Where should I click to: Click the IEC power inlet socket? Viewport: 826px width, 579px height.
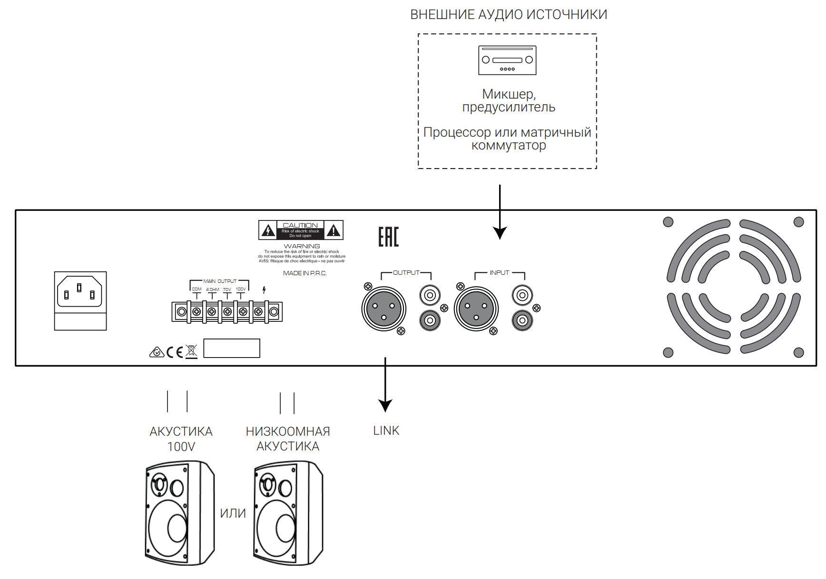tap(80, 292)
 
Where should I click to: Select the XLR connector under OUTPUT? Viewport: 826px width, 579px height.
tap(383, 309)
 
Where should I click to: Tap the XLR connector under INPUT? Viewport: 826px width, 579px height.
tap(476, 309)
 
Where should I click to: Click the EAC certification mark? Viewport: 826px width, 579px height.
tap(388, 237)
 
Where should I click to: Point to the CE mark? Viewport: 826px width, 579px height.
tap(175, 352)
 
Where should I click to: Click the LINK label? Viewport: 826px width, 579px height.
tap(386, 430)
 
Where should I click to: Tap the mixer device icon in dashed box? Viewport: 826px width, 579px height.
tap(507, 60)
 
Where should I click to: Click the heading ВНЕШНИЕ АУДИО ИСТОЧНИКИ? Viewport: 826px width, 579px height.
tap(508, 15)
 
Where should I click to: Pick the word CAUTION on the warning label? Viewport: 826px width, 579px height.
tap(300, 225)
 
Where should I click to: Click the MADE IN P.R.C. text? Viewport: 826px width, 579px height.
tap(305, 273)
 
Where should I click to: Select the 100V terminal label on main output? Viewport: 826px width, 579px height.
tap(241, 289)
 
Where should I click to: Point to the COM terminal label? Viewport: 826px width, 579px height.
tap(197, 289)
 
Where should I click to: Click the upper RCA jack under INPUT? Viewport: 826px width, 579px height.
tap(522, 295)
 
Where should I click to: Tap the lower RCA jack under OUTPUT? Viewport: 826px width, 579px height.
tap(430, 320)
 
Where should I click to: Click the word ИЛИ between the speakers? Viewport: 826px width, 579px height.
tap(233, 513)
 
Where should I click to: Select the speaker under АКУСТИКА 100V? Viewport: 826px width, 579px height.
tap(180, 513)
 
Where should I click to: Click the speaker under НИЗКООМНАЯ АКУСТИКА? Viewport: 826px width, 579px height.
tap(288, 513)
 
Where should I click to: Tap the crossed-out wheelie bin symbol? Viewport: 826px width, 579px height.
tap(191, 352)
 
